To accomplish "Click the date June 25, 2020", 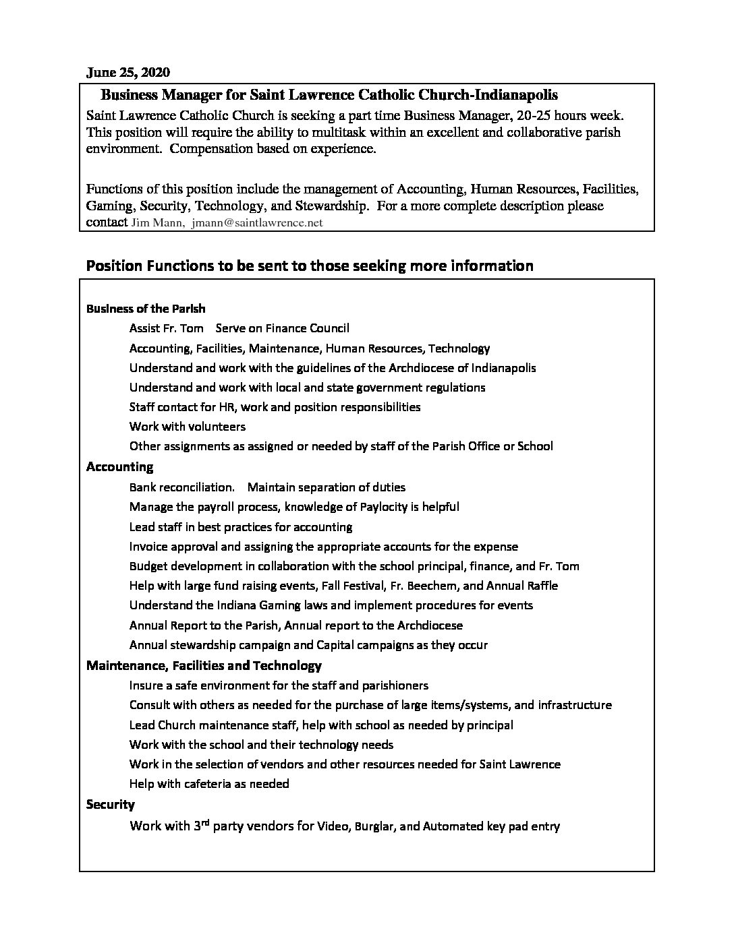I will pyautogui.click(x=128, y=71).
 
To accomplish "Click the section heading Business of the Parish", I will pyautogui.click(x=146, y=309).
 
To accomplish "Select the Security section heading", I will pyautogui.click(x=111, y=804).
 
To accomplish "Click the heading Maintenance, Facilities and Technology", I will pyautogui.click(x=204, y=666).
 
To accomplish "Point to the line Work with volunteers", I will pyautogui.click(x=188, y=427).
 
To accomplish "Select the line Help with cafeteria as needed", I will pyautogui.click(x=209, y=784).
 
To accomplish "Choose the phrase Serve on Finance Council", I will pyautogui.click(x=283, y=329).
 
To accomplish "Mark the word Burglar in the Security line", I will pyautogui.click(x=372, y=826).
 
